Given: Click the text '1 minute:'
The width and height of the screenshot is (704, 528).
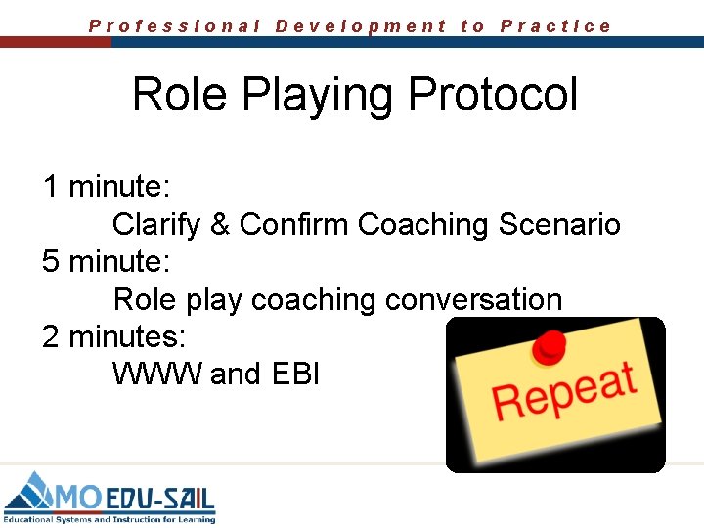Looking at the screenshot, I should (107, 186).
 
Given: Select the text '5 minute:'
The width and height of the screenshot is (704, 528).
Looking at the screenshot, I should (107, 261).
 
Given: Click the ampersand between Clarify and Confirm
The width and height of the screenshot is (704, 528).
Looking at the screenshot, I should (220, 224).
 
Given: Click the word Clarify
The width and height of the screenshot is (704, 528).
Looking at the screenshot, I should (156, 224).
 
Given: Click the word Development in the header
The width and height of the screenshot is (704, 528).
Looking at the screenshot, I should (361, 26).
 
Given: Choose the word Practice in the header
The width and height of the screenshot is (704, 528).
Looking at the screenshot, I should (555, 26).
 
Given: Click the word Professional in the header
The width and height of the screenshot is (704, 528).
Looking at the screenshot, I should (175, 26).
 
